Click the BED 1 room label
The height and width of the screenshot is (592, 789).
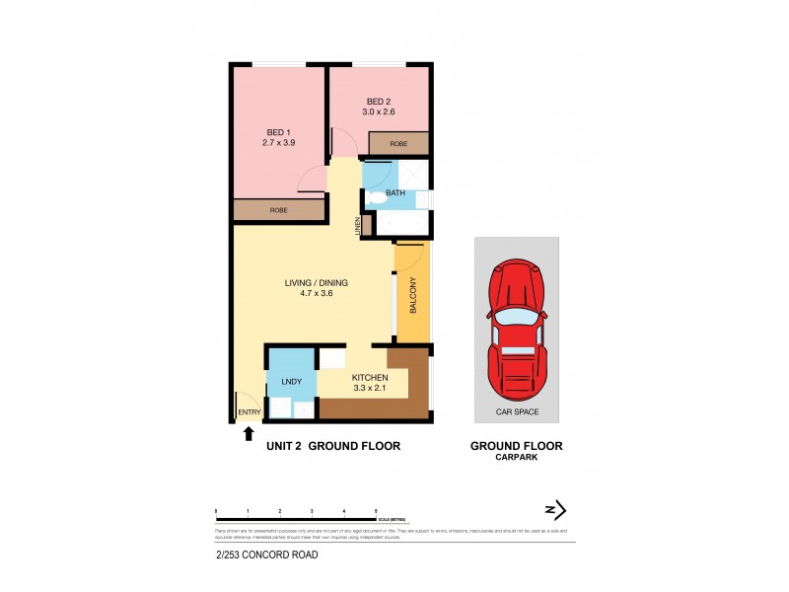coord(279,132)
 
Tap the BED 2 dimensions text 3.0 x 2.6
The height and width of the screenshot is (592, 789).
coord(380,112)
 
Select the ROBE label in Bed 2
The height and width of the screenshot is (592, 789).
coord(398,144)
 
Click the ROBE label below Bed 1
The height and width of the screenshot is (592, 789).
coord(279,210)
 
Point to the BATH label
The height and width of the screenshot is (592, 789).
coord(394,193)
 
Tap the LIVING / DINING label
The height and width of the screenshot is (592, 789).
coord(316,283)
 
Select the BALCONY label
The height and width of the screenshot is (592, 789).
coord(412,293)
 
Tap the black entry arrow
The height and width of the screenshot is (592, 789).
coord(249,432)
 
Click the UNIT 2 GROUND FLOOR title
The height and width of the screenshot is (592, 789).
coord(333,446)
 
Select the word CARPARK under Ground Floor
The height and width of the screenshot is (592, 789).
coord(516,458)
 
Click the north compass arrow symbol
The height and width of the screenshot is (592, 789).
coord(556,509)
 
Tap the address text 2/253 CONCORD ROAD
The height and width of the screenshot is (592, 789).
coord(266,555)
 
